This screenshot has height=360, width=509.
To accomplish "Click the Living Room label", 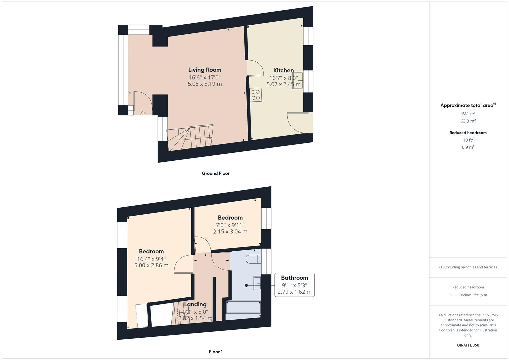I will [x=205, y=70].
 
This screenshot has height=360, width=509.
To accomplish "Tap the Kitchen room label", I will [x=283, y=70].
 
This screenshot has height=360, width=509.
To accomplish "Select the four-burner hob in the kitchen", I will [x=256, y=95].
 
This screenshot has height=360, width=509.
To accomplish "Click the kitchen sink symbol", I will [x=298, y=80].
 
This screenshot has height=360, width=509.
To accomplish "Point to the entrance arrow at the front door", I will [x=143, y=112].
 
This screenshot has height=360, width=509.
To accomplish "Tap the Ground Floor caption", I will [x=215, y=173].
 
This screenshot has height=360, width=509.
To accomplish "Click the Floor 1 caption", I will [x=215, y=352].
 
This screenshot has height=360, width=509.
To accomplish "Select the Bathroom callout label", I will [x=294, y=278].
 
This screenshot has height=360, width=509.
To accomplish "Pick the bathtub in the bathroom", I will [x=243, y=307].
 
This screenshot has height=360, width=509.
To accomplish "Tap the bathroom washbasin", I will [x=257, y=283].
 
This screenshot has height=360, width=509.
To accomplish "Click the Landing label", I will [x=195, y=304].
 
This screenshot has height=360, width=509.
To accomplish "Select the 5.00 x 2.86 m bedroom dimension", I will [x=151, y=265].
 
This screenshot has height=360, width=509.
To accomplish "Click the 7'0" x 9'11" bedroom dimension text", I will [x=230, y=225].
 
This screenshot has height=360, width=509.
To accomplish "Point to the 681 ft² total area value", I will [x=468, y=114].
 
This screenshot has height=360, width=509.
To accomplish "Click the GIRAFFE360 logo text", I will [x=468, y=345].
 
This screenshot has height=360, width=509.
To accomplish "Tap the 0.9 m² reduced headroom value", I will [x=468, y=147].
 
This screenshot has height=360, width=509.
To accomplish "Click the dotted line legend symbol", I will [x=454, y=295].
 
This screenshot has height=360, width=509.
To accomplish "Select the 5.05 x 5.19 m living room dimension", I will [x=205, y=84].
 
